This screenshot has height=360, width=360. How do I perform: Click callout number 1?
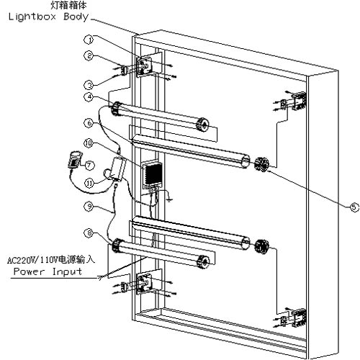click(89, 40)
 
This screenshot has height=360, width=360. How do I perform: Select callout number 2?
click(89, 55)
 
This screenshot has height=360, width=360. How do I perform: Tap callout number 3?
click(89, 85)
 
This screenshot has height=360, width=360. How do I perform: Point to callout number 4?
click(89, 97)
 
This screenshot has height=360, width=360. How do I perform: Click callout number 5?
click(354, 207)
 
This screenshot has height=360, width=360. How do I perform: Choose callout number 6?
click(89, 123)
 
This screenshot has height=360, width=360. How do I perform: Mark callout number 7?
click(89, 165)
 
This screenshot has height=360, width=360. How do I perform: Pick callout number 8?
click(89, 233)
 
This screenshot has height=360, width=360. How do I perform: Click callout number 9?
click(89, 207)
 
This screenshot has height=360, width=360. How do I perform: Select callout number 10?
click(89, 143)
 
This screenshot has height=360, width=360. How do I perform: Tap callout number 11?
click(89, 184)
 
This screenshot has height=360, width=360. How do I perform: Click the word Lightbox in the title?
click(32, 17)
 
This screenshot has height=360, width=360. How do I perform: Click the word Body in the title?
click(76, 17)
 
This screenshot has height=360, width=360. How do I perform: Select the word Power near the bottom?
click(29, 271)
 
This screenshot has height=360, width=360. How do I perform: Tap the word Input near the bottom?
click(67, 272)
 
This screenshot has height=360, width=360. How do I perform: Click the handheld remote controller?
click(75, 159)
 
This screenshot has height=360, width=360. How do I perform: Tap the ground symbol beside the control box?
click(170, 199)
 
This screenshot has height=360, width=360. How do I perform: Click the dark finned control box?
click(152, 175)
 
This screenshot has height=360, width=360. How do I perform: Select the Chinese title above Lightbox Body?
click(68, 5)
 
